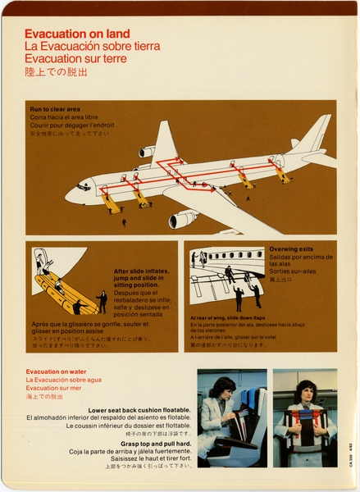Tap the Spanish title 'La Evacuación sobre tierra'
pos(92,46)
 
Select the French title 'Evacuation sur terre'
pos(76,58)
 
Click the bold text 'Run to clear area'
pos(55,109)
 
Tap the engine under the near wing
pos(183,219)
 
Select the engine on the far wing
pos(148,152)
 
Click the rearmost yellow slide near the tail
pos(283,175)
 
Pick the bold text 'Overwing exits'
pos(291,248)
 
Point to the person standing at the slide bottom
pos(102,301)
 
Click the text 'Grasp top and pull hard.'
pos(156,444)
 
